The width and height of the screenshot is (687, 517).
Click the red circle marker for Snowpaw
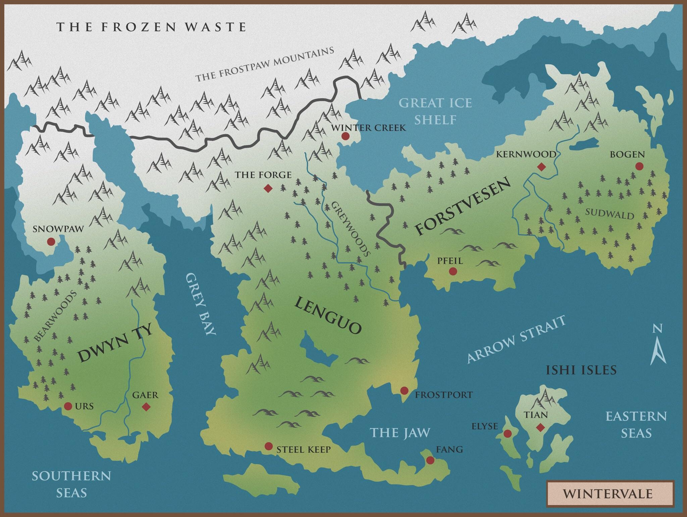click(x=51, y=241)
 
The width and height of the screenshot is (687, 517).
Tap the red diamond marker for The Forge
click(x=268, y=188)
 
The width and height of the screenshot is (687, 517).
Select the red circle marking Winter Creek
click(x=345, y=136)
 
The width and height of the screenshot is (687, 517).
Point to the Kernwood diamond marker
click(x=541, y=167)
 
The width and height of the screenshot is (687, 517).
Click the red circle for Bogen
click(x=639, y=166)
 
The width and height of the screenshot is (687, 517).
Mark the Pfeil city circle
click(x=453, y=271)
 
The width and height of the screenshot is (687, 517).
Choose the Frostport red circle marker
click(x=404, y=391)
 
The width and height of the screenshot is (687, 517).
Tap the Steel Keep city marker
click(x=268, y=446)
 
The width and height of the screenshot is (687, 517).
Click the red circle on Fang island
click(x=430, y=460)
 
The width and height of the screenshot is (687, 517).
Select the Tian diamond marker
click(x=540, y=427)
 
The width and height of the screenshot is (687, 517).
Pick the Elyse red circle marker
click(x=508, y=434)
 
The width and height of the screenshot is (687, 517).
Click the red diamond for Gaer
click(x=146, y=407)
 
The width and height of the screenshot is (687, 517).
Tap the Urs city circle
click(x=68, y=406)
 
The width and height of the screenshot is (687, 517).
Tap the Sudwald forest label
click(x=610, y=213)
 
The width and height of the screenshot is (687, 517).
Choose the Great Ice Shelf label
click(x=435, y=111)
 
